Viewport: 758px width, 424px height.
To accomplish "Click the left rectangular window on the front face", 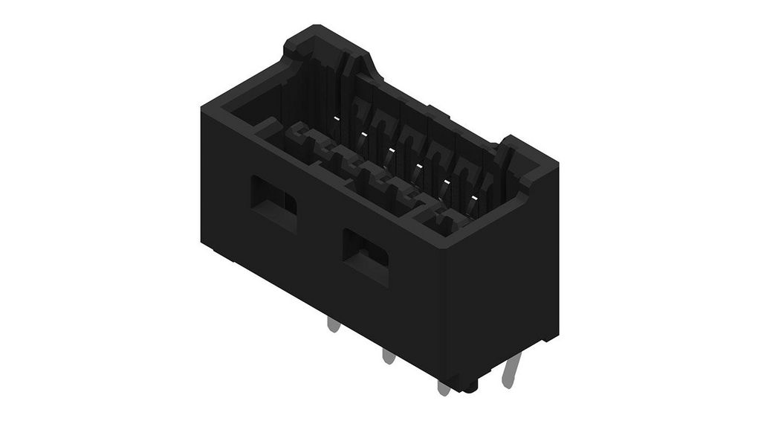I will pyautogui.click(x=273, y=199).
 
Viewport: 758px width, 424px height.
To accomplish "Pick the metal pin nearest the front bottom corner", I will pyautogui.click(x=444, y=388).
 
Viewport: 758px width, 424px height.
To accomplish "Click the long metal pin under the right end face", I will pyautogui.click(x=511, y=372).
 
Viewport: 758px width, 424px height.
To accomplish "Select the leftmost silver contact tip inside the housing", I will pyautogui.click(x=337, y=119).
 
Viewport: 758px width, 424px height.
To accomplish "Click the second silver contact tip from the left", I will pyautogui.click(x=364, y=134).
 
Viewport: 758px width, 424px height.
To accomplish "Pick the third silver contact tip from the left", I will pyautogui.click(x=391, y=150).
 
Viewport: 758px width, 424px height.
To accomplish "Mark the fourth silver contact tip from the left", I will pyautogui.click(x=418, y=165).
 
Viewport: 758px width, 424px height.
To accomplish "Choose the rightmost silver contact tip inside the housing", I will pyautogui.click(x=473, y=196).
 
